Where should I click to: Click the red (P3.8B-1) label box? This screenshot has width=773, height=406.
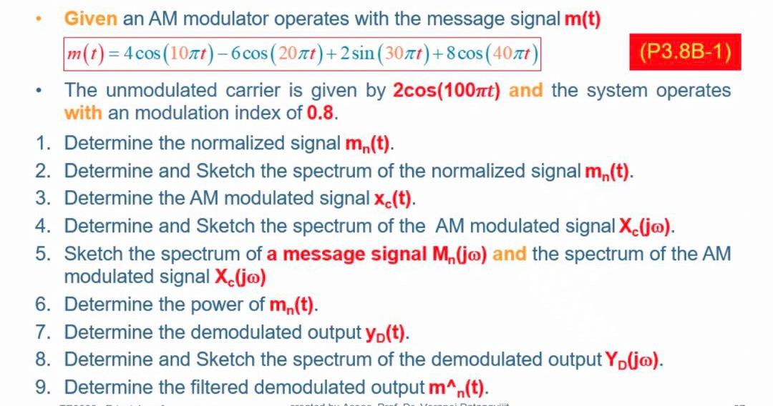pos(685,52)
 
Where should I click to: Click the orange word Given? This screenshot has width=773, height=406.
pos(91,19)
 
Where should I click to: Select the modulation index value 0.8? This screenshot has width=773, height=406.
pos(321,113)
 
